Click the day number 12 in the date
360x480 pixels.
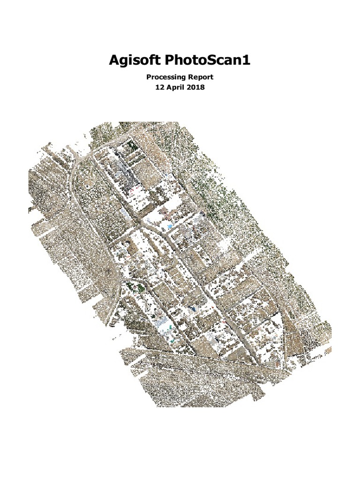tap(159, 88)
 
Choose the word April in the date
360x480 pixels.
tap(176, 88)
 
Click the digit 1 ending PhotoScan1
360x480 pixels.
tap(247, 60)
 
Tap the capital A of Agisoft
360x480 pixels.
tap(114, 60)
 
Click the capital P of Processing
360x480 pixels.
tap(149, 77)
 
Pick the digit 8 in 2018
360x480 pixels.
tap(203, 88)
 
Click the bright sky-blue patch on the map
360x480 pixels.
tap(169, 227)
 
